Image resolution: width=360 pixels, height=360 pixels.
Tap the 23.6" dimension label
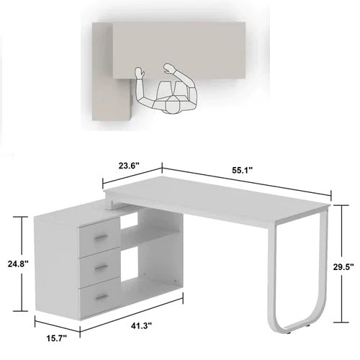tap(130, 163)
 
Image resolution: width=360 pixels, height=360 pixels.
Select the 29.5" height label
tap(344, 266)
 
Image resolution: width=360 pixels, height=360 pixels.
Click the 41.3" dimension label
tap(141, 326)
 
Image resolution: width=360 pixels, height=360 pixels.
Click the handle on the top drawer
tap(102, 237)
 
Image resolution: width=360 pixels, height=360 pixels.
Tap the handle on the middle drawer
tap(102, 266)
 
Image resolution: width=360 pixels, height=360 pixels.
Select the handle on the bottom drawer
tap(102, 295)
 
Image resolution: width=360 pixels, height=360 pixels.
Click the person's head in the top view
tap(171, 106)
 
